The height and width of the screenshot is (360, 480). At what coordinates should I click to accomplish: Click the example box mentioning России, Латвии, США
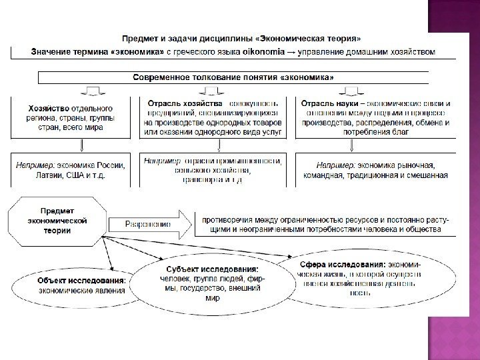click(74, 170)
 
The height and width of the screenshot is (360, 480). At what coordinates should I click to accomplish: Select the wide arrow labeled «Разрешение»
click(151, 224)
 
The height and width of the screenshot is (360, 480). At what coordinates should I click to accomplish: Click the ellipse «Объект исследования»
click(77, 285)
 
